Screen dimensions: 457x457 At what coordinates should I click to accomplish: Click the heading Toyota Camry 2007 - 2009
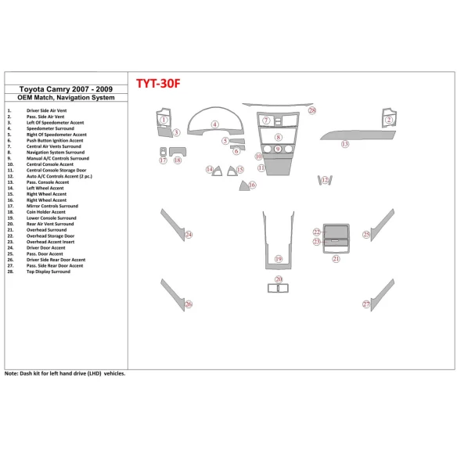tap(59, 89)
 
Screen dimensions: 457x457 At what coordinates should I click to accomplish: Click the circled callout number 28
tap(311, 111)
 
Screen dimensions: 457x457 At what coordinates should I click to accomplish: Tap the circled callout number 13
tap(344, 144)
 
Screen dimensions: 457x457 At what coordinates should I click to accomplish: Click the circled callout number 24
tap(189, 234)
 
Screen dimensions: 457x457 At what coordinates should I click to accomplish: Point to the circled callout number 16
tap(252, 185)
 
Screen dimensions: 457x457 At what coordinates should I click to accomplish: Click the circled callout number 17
tap(163, 160)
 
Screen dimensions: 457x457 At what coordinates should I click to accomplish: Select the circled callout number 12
tap(325, 181)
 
